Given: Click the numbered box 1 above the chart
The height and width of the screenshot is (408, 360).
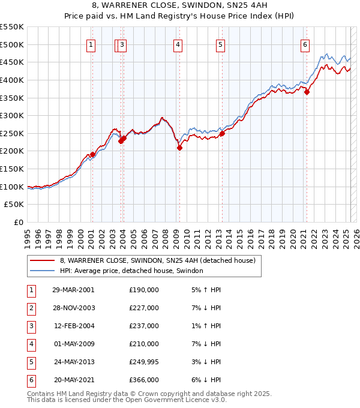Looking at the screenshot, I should tap(91, 44).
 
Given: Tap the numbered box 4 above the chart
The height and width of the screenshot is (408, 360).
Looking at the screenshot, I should tap(178, 44).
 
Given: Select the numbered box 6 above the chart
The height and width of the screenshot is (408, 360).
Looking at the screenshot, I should tap(305, 44).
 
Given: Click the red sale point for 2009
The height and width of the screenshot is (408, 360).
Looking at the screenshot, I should tap(179, 148).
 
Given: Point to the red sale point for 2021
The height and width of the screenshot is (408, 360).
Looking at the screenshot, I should tap(307, 92).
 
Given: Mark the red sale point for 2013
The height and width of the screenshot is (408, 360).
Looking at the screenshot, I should tap(222, 133).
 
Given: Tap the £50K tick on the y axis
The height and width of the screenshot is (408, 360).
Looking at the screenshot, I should tap(14, 205).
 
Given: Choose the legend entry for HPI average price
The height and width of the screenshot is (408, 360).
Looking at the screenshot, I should tap(131, 271).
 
